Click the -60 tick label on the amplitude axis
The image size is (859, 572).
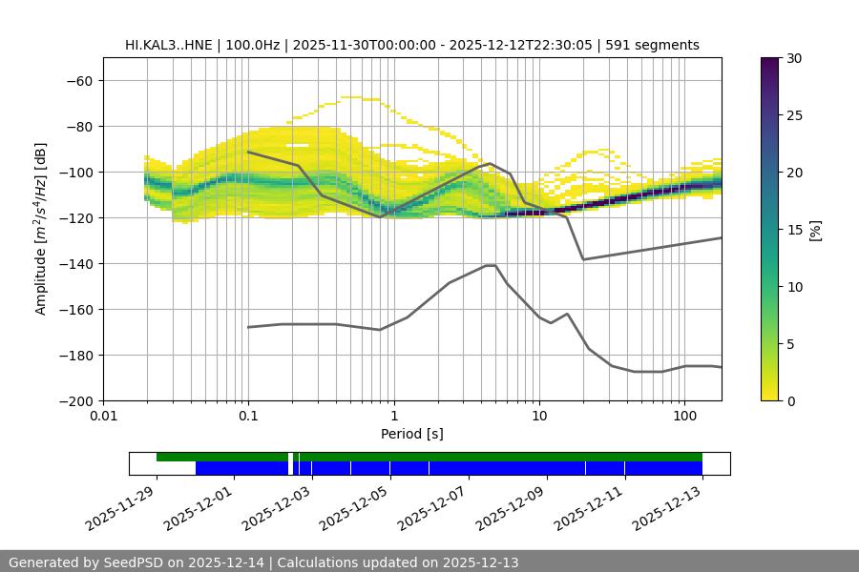[78, 80]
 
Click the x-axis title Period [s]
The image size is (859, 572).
[412, 434]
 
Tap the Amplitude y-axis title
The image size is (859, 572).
[41, 229]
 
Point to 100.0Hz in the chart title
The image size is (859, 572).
[255, 45]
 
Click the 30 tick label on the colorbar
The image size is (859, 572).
[793, 58]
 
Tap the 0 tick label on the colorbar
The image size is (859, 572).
[789, 400]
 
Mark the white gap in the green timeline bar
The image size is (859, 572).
[290, 458]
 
